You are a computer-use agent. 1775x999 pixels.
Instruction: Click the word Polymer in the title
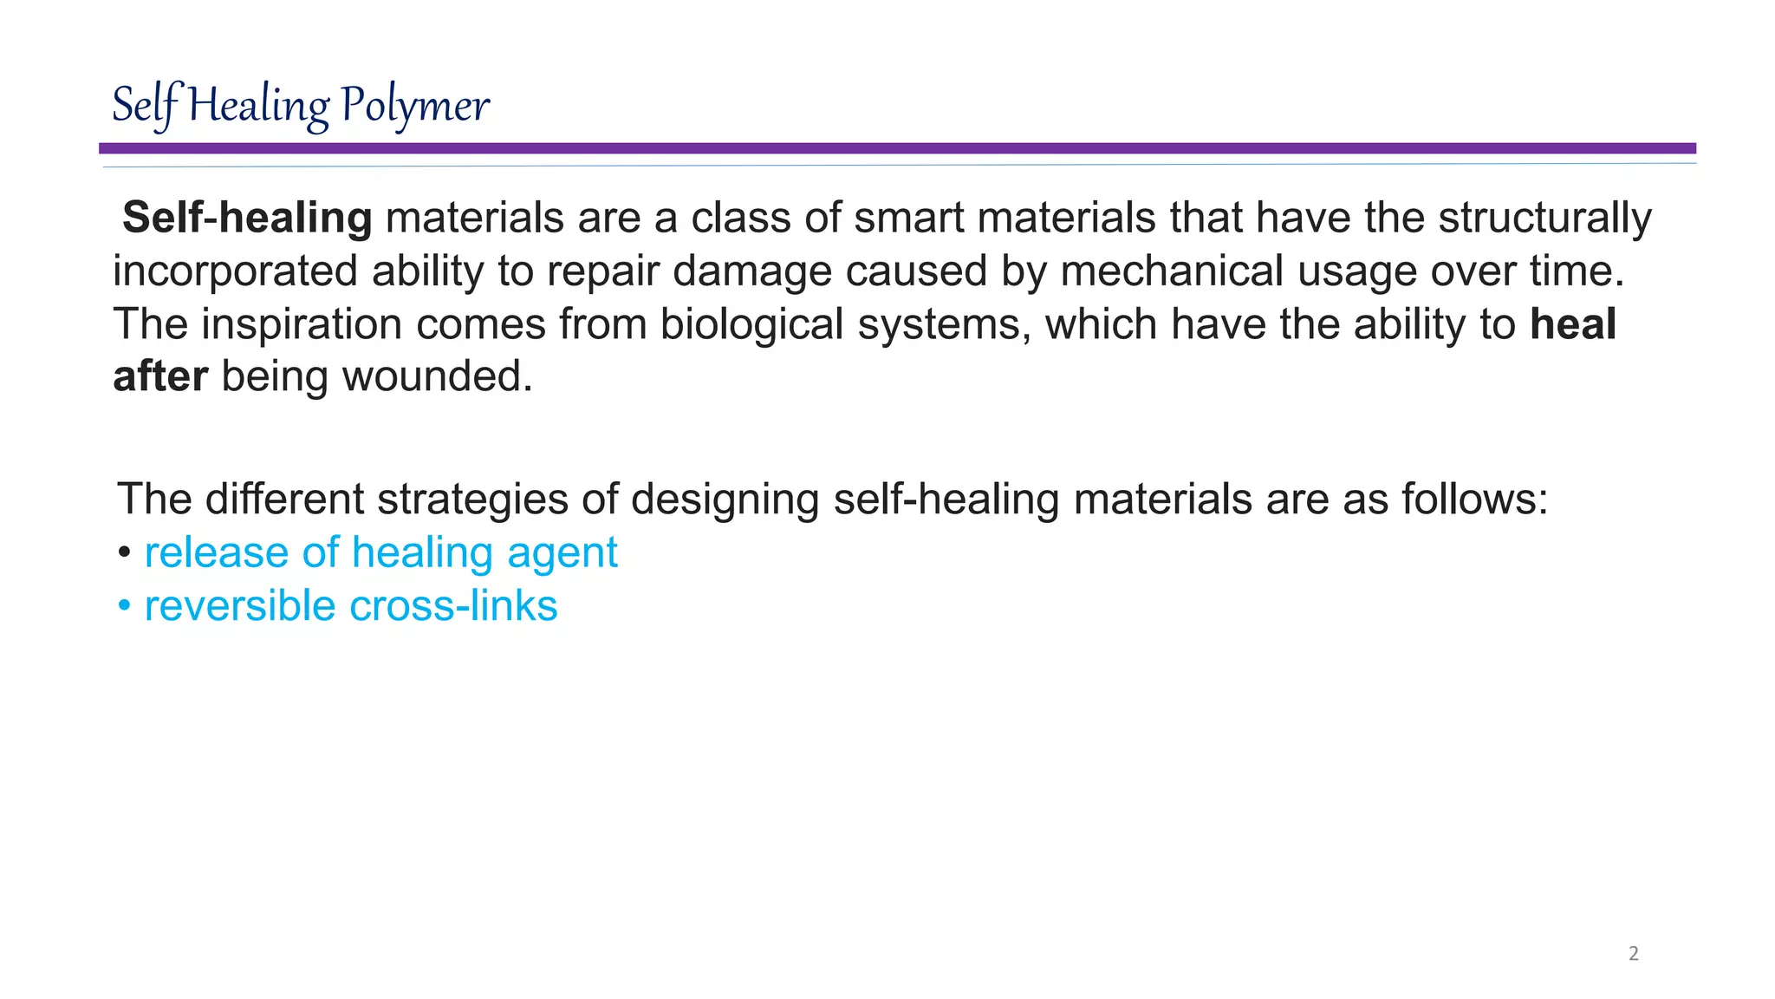(x=414, y=106)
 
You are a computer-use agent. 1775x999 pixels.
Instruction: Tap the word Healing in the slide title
(x=259, y=106)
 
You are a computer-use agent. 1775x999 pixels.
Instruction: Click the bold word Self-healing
(x=247, y=218)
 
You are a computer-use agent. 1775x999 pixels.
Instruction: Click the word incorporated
(x=235, y=271)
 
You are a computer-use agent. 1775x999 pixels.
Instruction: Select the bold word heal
(x=1573, y=324)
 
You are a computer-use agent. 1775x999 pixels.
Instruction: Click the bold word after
(x=160, y=377)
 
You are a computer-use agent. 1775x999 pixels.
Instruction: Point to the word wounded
(x=438, y=377)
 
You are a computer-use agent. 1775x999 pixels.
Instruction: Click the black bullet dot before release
(x=125, y=553)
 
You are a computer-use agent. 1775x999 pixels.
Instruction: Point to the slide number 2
(x=1634, y=954)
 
